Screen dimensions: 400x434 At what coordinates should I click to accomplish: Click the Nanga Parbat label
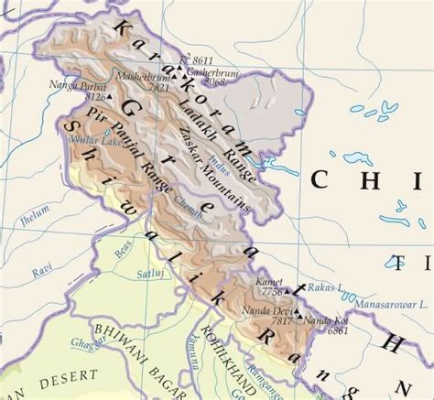75,85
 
